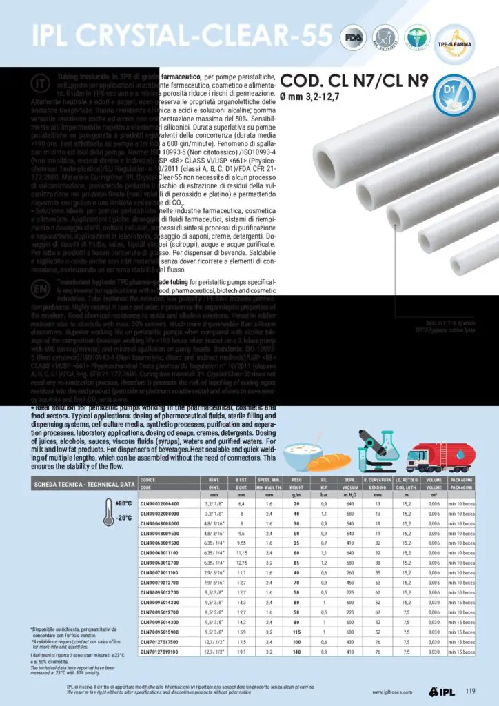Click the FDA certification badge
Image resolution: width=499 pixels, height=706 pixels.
(356, 37)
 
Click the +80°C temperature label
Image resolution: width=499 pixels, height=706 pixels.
(123, 503)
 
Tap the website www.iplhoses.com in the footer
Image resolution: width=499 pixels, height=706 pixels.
(393, 692)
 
